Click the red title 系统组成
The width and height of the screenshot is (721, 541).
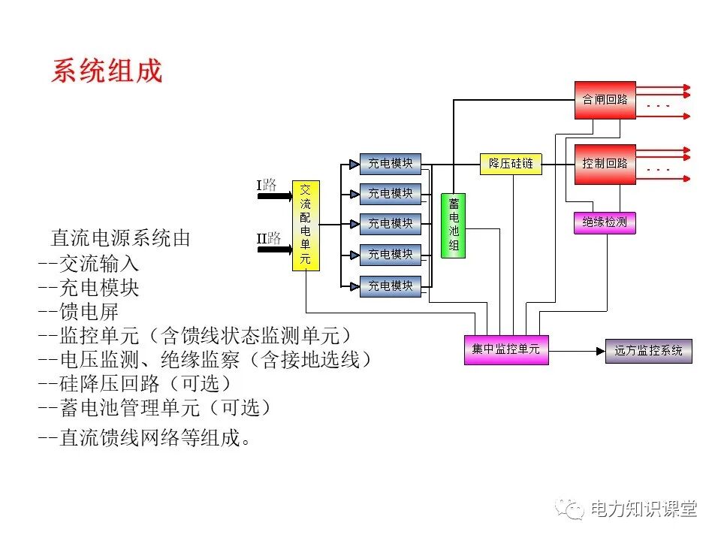coord(107,71)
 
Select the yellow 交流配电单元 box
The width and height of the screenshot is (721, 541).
coord(306,225)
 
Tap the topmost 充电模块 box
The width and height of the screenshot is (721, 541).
coord(390,163)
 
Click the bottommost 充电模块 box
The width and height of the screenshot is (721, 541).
coord(390,286)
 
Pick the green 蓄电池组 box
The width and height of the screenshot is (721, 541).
coord(453,225)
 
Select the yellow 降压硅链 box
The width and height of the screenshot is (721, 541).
coord(511,163)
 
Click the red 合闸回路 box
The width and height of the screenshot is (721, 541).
coord(605,100)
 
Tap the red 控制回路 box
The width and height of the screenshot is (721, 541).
coord(605,163)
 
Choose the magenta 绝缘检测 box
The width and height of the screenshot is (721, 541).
coord(605,223)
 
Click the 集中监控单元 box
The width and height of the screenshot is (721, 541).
coord(505,349)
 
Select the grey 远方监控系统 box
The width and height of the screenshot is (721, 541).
coord(648,351)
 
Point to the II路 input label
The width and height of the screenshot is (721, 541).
coord(268,238)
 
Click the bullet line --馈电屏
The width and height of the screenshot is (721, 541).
coord(78,312)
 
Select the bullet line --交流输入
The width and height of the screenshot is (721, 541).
coord(89,264)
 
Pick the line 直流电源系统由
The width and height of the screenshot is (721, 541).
coord(120,239)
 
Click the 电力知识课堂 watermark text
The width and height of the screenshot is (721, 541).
coord(644,509)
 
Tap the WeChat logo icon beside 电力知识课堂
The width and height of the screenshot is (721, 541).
coord(569,509)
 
